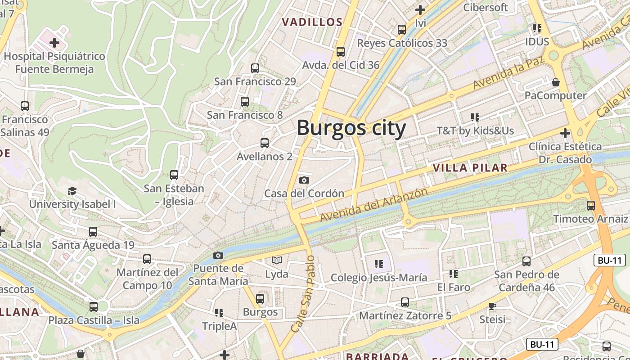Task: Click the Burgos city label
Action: click(x=351, y=128)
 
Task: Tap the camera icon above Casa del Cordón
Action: click(x=304, y=180)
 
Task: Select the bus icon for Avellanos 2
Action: click(x=265, y=143)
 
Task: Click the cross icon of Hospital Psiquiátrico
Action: click(x=54, y=43)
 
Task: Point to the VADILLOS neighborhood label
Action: click(x=312, y=22)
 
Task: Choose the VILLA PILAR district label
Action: click(x=470, y=168)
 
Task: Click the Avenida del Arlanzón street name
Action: click(x=374, y=205)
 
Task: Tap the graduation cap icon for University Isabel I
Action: click(x=72, y=191)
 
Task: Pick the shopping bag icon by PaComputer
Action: click(x=556, y=82)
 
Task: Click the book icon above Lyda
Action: click(x=277, y=260)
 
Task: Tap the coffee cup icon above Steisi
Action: click(x=492, y=306)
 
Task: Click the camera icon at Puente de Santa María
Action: click(x=218, y=255)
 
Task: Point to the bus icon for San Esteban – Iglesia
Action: click(x=174, y=175)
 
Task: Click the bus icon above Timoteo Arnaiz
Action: click(x=590, y=206)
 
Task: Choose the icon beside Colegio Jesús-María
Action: click(x=379, y=264)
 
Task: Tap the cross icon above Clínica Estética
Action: click(x=565, y=133)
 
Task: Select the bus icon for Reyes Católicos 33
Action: click(x=402, y=30)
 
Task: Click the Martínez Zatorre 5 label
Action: click(x=405, y=315)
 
